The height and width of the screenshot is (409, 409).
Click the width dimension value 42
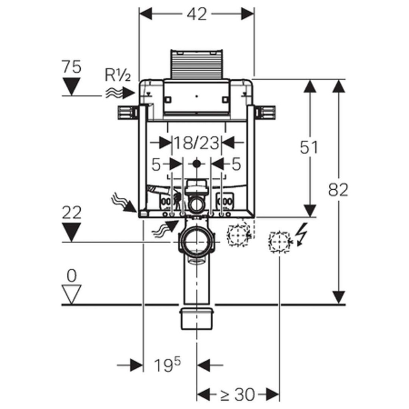197,14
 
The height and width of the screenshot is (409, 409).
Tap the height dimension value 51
309,147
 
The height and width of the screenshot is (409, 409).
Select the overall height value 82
338,190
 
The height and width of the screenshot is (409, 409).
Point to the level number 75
71,66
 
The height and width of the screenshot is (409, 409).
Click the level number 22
71,213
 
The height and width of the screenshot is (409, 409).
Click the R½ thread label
117,75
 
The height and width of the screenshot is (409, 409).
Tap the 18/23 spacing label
196,142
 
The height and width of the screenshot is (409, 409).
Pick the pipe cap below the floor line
197,318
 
